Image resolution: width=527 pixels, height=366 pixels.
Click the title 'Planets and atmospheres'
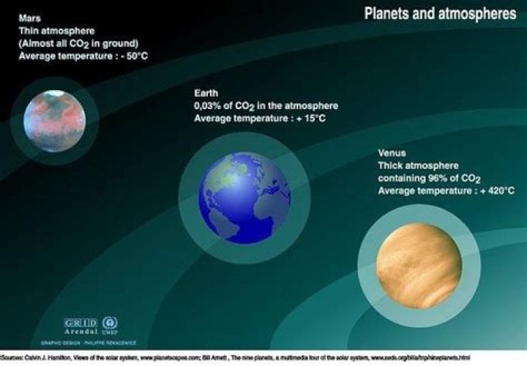[x=440, y=14]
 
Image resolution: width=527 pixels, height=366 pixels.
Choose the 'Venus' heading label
[x=392, y=154]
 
